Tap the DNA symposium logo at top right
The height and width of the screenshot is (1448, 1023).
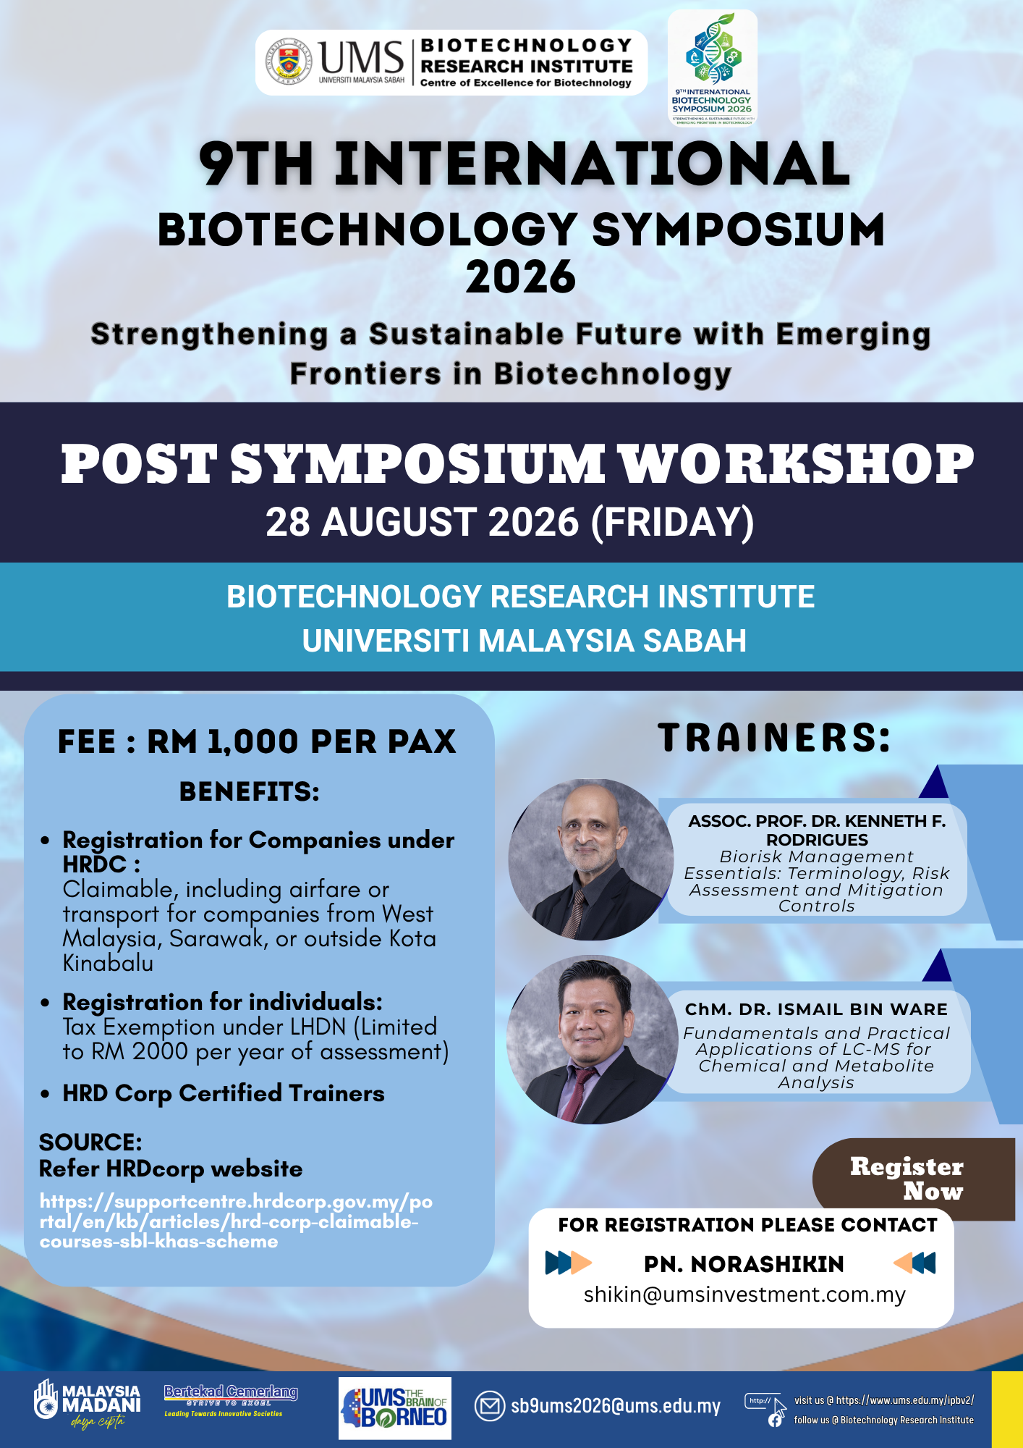click(713, 68)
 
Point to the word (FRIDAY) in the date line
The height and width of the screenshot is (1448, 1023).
click(672, 522)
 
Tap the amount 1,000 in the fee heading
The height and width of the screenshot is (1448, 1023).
click(253, 741)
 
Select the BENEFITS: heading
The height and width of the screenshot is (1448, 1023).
click(250, 791)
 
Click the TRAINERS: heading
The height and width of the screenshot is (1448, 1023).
click(774, 738)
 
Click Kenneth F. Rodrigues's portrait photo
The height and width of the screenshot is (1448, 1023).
click(591, 859)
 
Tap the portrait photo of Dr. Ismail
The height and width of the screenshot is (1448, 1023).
click(593, 1040)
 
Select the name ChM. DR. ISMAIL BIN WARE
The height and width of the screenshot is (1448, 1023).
click(816, 1009)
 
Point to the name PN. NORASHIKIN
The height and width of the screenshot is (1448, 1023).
click(744, 1264)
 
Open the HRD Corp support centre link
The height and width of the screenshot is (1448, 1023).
click(236, 1221)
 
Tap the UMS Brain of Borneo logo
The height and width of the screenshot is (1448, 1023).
click(395, 1407)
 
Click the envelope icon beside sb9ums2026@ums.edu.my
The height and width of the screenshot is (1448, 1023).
click(490, 1406)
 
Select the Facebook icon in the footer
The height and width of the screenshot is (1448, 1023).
click(775, 1420)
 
